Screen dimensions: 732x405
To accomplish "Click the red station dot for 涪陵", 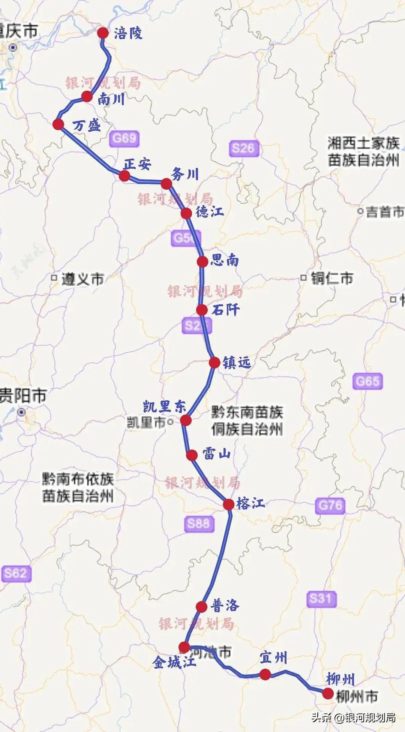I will tap(102, 33).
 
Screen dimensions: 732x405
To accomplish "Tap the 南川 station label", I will tap(111, 99).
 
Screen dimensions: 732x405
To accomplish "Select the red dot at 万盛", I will tap(58, 124).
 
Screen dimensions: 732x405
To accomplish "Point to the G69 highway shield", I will tap(124, 138).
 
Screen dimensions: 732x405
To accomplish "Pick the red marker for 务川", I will tap(166, 184).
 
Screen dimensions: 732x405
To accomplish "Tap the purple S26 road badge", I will tap(243, 148).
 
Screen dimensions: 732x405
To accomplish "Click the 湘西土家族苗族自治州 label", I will tap(363, 152).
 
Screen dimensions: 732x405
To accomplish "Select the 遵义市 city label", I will tap(82, 279).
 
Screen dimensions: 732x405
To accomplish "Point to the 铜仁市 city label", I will tap(331, 278).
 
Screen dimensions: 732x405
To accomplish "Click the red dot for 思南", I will tap(202, 261).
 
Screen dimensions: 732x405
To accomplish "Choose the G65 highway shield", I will tap(368, 381).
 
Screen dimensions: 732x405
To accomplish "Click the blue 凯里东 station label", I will tap(164, 407).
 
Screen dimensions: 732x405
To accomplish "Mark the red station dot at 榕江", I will tap(229, 504).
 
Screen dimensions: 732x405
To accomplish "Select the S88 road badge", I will tap(199, 523).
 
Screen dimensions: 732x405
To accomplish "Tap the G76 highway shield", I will tap(330, 506).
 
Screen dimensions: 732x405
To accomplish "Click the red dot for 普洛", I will tap(201, 607).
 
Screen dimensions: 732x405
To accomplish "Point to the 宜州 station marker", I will tap(265, 675).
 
